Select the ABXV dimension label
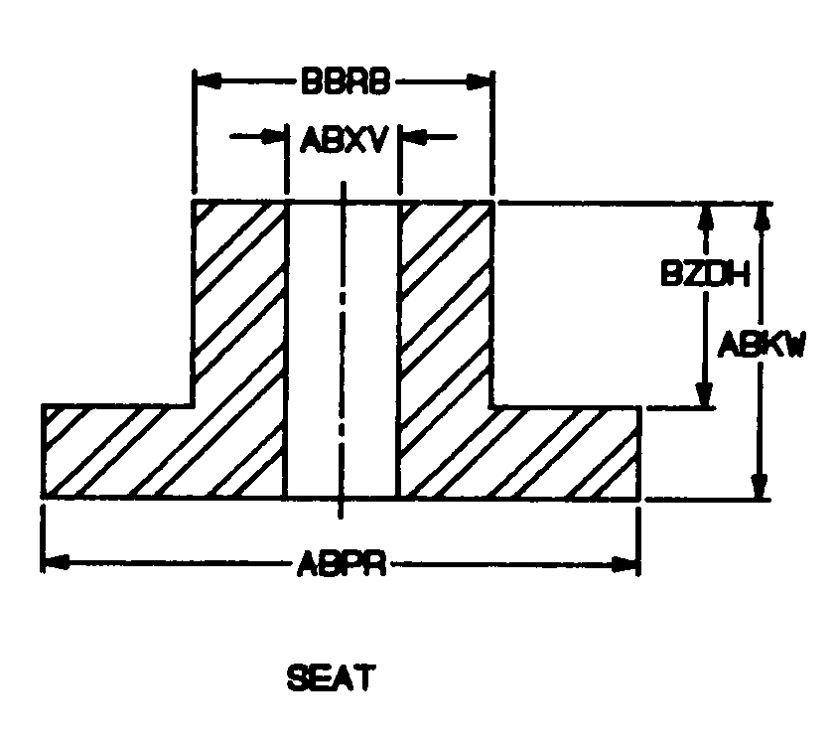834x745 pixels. pos(343,139)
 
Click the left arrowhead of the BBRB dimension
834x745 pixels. pos(203,81)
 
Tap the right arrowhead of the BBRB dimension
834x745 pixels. pos(483,81)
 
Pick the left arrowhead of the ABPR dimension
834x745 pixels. pos(54,564)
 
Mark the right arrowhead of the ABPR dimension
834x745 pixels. pos(629,564)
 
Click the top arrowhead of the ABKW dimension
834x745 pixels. pos(761,217)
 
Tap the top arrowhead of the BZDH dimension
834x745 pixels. pos(705,217)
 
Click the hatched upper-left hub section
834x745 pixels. pos(238,288)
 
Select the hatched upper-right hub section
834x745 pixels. pos(446,288)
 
